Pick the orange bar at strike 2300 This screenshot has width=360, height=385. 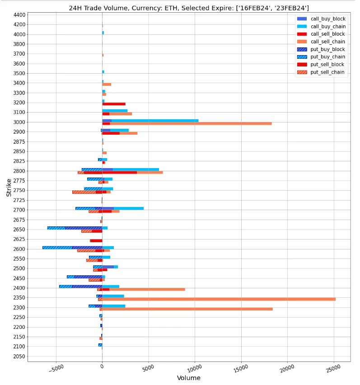[x=190, y=309]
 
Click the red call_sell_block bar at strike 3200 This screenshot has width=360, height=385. [x=114, y=104]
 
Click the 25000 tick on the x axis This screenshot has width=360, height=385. [x=333, y=369]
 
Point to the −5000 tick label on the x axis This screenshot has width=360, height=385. [x=56, y=369]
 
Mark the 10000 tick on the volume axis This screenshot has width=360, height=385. [x=194, y=369]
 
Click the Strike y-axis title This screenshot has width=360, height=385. [x=9, y=188]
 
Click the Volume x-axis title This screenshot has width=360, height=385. [x=188, y=378]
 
